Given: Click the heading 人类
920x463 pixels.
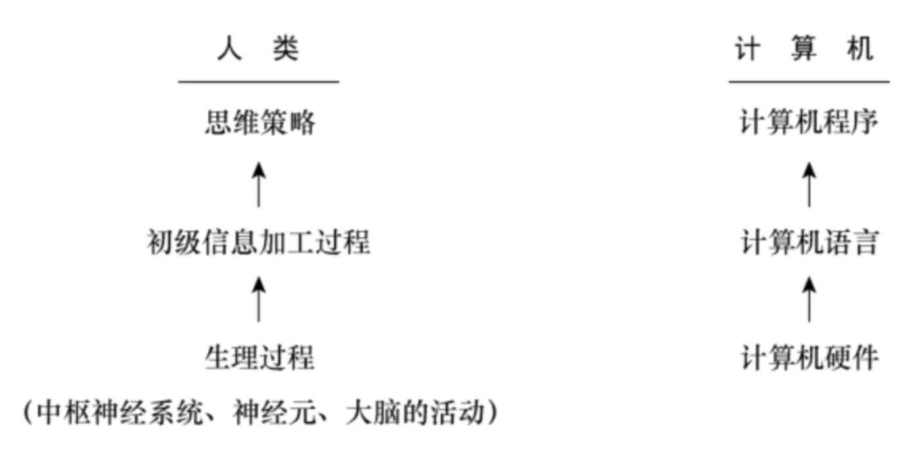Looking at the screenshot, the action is point(258,49).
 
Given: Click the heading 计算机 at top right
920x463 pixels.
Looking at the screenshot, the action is point(804,49).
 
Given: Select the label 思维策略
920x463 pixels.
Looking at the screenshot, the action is point(260,122).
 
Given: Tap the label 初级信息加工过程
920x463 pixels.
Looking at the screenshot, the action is point(259,242).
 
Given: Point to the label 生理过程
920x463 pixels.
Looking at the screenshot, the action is point(260,357).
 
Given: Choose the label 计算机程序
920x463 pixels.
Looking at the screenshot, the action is point(809,122).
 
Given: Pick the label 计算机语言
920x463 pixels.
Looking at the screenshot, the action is point(810,242).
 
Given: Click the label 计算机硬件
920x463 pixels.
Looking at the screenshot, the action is point(810,357).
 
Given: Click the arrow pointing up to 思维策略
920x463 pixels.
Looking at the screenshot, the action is point(258,185).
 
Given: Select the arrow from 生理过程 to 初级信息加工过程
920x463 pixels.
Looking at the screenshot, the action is point(258,299).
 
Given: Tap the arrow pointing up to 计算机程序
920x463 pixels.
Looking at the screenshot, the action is point(809,185).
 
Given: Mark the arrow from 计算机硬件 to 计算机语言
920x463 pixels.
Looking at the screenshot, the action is point(809,299).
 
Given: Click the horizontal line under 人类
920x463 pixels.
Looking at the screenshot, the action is point(259,82).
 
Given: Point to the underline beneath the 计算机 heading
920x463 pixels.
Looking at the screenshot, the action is point(809,82).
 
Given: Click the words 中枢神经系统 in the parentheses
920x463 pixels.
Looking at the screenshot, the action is point(120,412).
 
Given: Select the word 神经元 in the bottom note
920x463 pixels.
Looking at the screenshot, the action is point(275,412).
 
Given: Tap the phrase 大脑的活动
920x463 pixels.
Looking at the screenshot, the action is point(415,412).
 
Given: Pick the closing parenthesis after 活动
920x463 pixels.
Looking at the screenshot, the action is point(492,412).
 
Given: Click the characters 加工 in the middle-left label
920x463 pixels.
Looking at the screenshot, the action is point(287,242).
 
